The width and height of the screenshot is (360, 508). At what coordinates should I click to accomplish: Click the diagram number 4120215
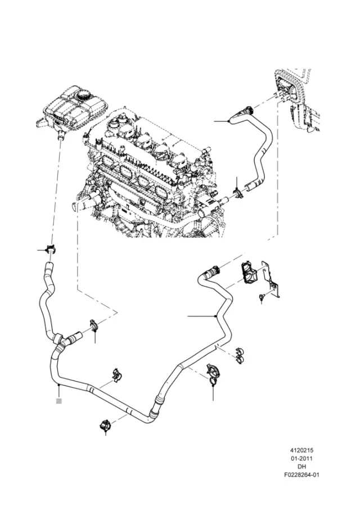[301, 450]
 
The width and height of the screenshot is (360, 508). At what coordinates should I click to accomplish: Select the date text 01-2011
[301, 459]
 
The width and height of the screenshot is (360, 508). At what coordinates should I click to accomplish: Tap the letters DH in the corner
[301, 466]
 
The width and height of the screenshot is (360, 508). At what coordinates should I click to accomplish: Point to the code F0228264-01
[301, 475]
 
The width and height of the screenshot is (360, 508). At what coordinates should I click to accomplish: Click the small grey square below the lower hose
[58, 401]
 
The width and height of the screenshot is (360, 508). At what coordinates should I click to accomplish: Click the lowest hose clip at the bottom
[105, 425]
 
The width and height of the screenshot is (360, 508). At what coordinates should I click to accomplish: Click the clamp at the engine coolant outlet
[239, 194]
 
